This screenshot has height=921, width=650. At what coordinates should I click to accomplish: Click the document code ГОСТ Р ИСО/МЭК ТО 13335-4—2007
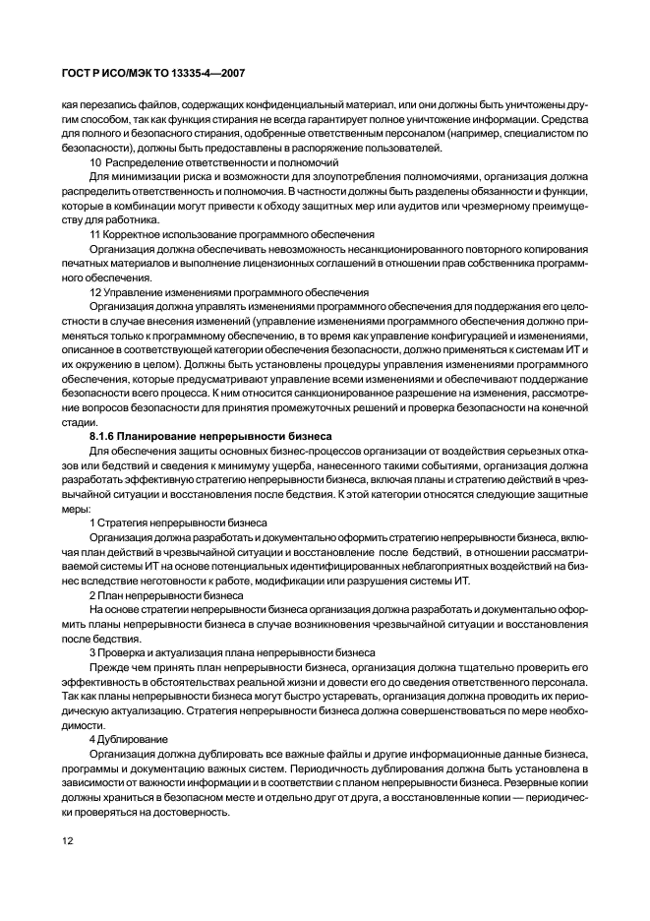(x=148, y=72)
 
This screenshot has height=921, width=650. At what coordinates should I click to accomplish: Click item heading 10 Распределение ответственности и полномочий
(x=214, y=161)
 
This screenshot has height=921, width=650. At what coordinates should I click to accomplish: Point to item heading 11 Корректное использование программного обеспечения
(x=232, y=235)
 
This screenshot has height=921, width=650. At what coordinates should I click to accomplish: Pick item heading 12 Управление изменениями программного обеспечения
(x=229, y=292)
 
